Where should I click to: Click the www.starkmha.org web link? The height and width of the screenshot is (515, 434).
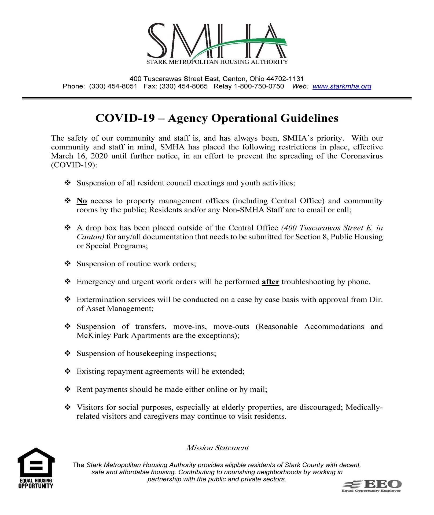coord(342,86)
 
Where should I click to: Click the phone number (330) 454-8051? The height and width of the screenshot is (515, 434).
coord(113,86)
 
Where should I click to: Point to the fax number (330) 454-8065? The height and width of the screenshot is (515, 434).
coord(183,86)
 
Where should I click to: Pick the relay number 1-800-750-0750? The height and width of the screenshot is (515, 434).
coord(259,86)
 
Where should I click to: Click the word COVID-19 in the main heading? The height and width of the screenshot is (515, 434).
coord(125,118)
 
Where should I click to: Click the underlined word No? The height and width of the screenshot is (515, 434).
coord(82,201)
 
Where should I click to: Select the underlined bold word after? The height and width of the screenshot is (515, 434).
coord(270,282)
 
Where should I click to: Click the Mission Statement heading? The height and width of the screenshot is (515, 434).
coord(217,448)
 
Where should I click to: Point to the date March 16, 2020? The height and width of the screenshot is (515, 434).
coord(79,156)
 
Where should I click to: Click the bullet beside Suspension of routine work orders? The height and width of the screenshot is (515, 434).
coord(68,264)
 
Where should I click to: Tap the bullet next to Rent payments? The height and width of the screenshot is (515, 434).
coord(68,389)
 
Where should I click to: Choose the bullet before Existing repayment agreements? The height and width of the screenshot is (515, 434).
coord(68,371)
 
